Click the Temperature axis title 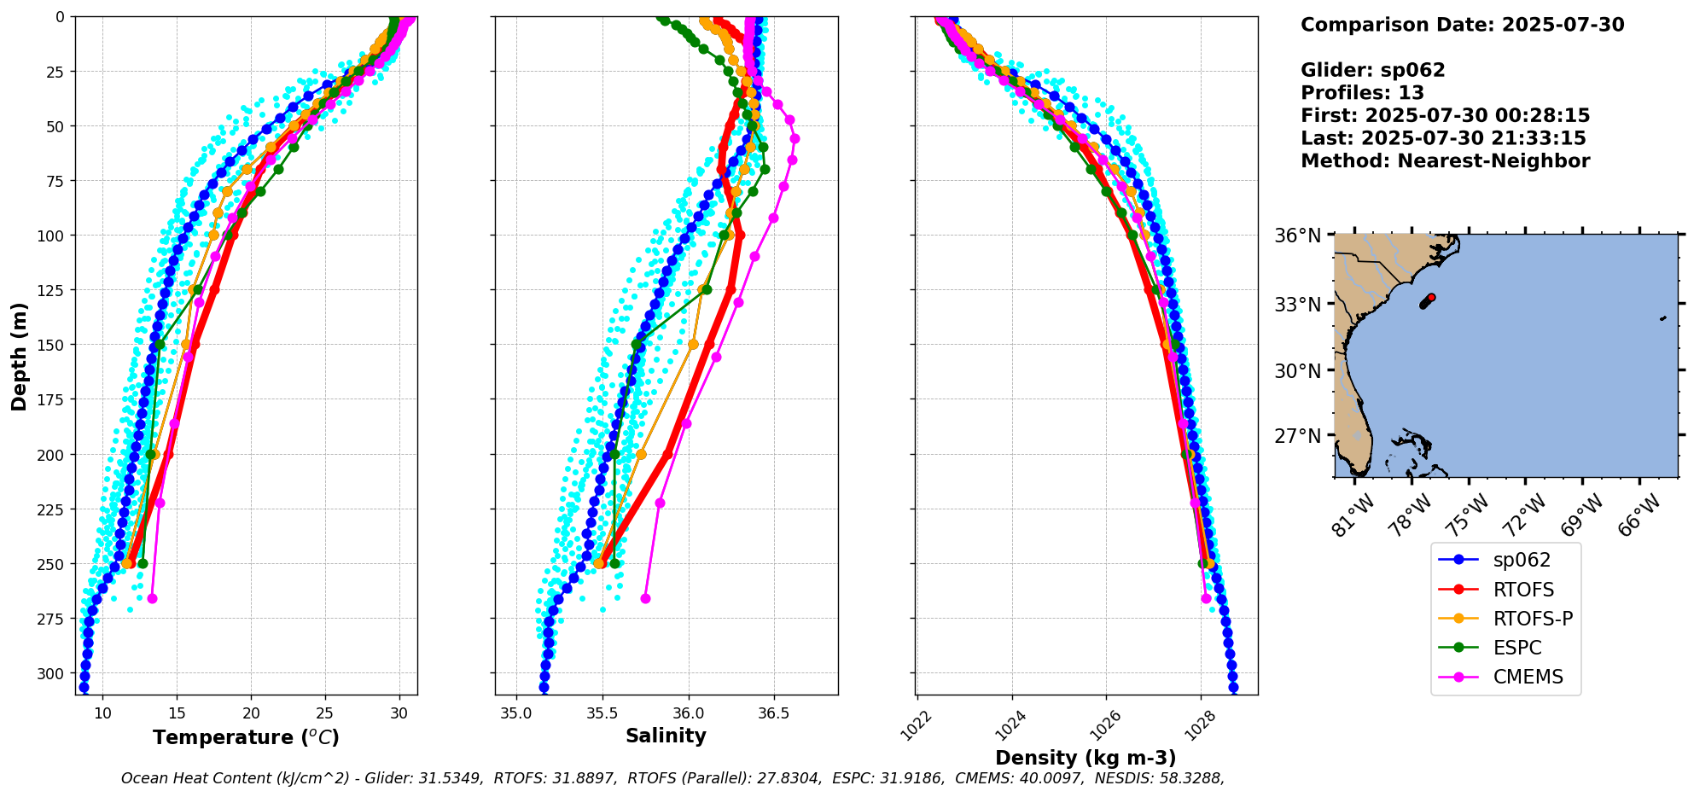[246, 737]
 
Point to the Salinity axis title [666, 736]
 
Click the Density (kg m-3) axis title [1086, 758]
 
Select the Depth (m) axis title [19, 356]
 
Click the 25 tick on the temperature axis [325, 713]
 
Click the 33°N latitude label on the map [1298, 305]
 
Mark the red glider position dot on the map [1431, 298]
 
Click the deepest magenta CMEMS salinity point [645, 598]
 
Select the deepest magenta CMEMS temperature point [152, 598]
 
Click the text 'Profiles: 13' [1362, 93]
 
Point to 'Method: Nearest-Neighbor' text [1445, 161]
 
